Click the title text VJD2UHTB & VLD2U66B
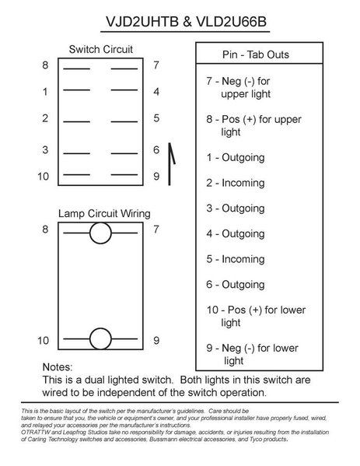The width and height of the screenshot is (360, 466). coord(186,22)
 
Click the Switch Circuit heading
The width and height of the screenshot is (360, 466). coord(101,49)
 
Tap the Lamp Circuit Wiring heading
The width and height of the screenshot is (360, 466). coord(104,214)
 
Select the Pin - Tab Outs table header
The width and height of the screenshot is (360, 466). coord(256,54)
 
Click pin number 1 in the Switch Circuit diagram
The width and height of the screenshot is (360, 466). coord(45,92)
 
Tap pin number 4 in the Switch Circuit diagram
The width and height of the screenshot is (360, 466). coord(156,92)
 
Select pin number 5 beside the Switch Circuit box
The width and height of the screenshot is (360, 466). coord(156,118)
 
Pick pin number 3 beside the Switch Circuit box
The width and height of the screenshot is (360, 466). coord(45,149)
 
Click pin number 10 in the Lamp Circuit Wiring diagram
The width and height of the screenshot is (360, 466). coord(43,340)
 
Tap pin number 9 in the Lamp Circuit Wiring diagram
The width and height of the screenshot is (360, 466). coord(156,340)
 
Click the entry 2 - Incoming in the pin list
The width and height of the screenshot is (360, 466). coord(236,183)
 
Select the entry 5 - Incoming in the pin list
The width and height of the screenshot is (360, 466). coord(236,259)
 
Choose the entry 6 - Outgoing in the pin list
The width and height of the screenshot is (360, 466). coord(236,285)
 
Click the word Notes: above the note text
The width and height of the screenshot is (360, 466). coord(58,367)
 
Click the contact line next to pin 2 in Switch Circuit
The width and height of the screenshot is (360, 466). coord(77,121)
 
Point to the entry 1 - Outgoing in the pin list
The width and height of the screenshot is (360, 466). coord(236,158)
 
